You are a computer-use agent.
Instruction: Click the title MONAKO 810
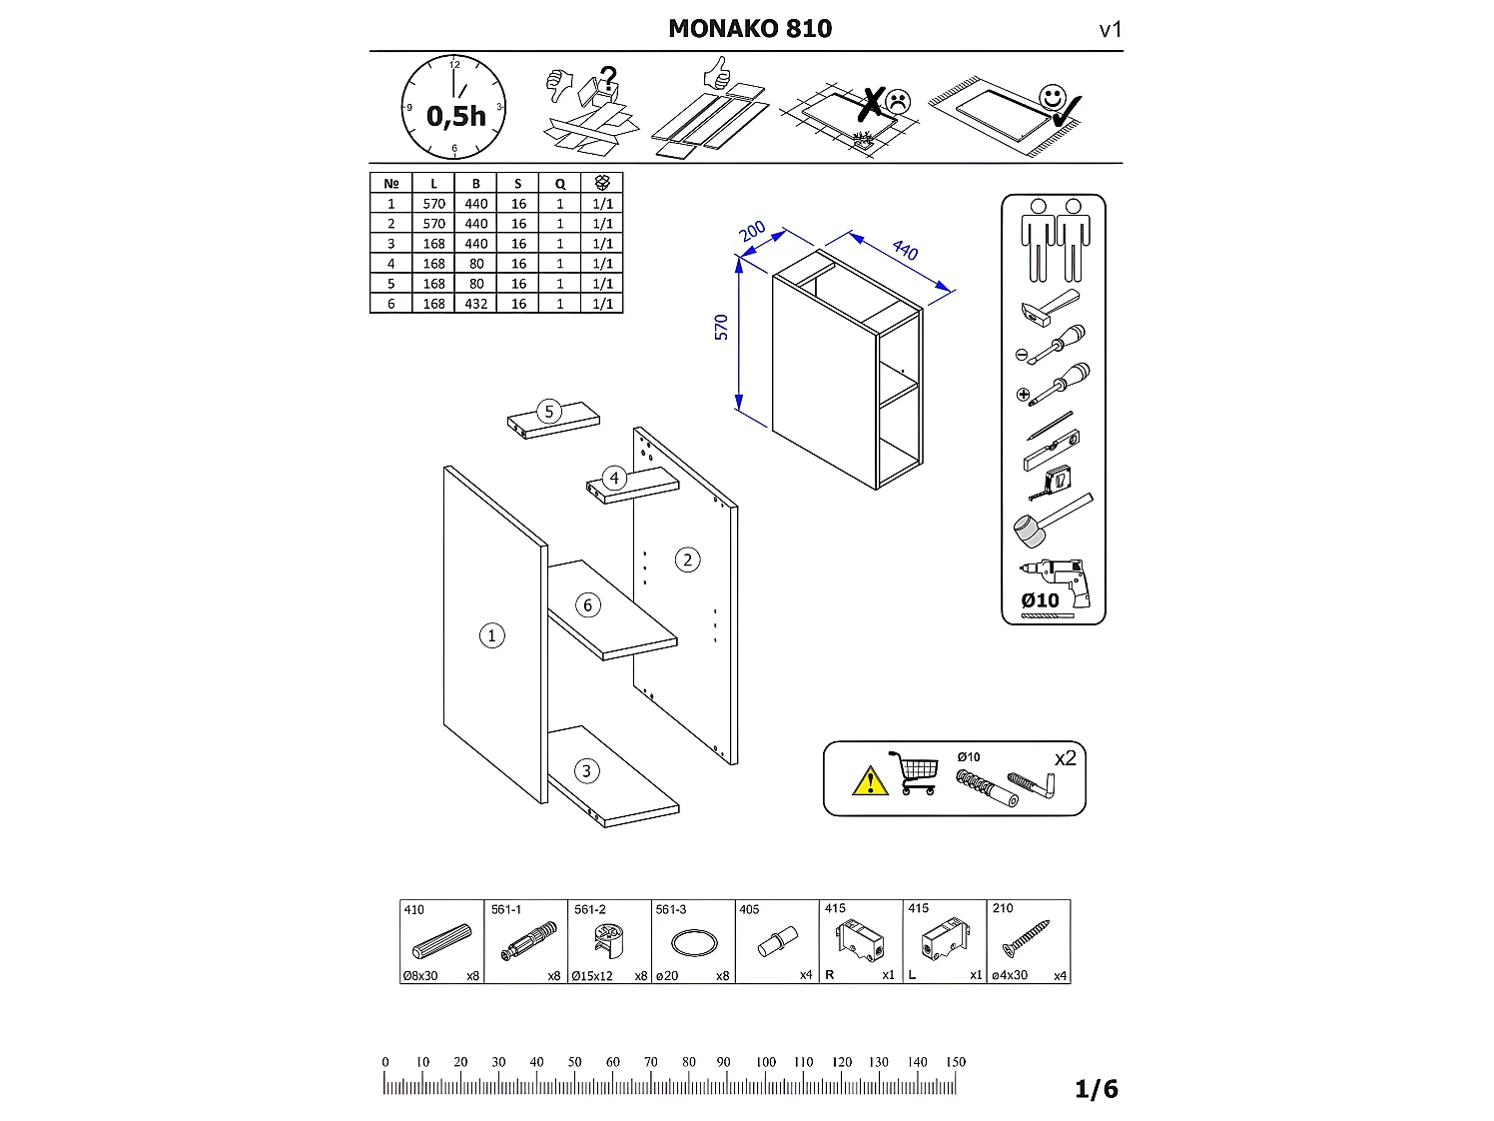pos(749,28)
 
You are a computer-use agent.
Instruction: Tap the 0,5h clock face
pos(454,108)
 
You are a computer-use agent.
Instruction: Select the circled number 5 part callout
pos(548,412)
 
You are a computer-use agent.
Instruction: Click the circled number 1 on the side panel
pos(491,635)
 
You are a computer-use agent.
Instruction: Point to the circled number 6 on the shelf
pos(587,604)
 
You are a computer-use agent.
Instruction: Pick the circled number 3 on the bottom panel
pos(586,770)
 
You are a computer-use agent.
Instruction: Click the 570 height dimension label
pos(721,328)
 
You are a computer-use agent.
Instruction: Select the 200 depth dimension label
pos(752,230)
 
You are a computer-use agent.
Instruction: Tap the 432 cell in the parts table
pos(476,304)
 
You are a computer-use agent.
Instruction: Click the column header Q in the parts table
pos(560,183)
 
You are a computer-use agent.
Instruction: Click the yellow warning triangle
pos(870,779)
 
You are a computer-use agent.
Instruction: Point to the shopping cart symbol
pos(914,773)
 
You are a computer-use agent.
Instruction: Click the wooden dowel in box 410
pos(440,943)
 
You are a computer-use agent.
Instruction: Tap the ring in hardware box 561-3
pos(693,943)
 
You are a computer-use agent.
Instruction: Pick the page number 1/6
pos(1096,1089)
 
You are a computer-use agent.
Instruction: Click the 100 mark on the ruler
pos(765,1063)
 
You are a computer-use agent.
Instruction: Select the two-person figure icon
pos(1054,240)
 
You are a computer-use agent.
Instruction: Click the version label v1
pos(1111,30)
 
